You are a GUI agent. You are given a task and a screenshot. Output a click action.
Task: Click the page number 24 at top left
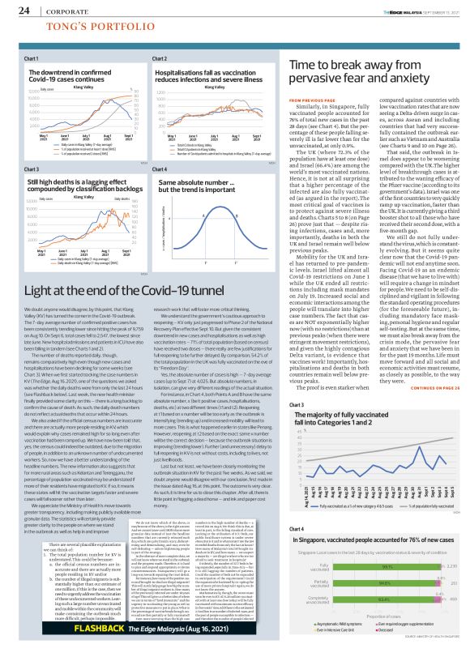click(24, 11)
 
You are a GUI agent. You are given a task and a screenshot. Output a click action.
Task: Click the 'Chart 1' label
click(32, 59)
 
